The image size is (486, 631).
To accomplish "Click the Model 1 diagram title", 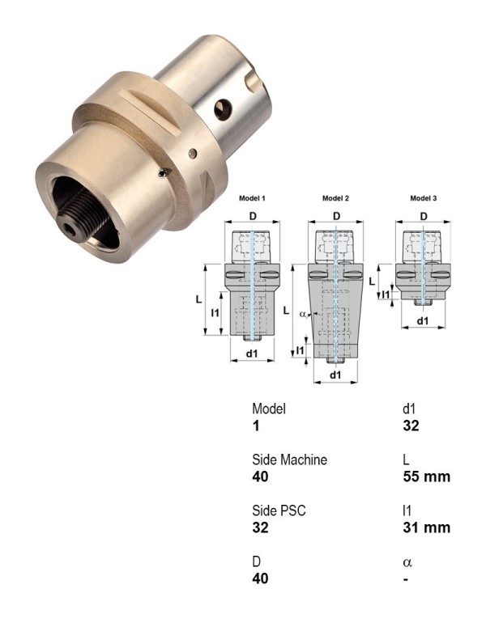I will click(x=252, y=198).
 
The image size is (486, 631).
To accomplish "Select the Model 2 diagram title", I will click(x=335, y=198).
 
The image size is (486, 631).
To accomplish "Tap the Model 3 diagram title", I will click(x=424, y=198).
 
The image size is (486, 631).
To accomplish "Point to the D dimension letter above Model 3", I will click(x=424, y=215).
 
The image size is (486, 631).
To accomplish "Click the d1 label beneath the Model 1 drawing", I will click(x=252, y=354).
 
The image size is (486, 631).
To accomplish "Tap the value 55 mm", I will click(x=426, y=476).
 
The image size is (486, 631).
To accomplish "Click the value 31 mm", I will click(x=426, y=527).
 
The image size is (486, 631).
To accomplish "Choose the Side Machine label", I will click(x=289, y=459).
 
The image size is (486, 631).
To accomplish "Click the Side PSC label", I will click(x=279, y=510).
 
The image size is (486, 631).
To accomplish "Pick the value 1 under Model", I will click(x=256, y=426).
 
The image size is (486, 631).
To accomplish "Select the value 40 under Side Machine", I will click(x=260, y=476).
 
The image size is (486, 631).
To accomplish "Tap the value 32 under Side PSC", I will click(x=260, y=527).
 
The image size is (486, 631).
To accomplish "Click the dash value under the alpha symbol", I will click(x=406, y=578).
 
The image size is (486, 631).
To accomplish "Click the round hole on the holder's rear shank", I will click(x=222, y=109).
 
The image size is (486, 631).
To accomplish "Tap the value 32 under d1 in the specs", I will click(x=411, y=426).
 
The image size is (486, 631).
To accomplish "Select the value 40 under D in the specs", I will click(x=260, y=578).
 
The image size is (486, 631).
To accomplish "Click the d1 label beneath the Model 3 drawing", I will click(x=423, y=321).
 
